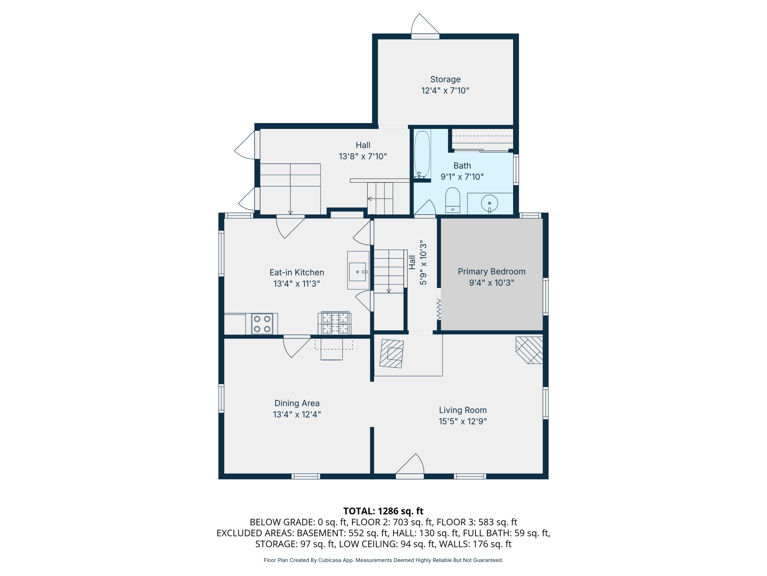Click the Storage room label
(x=445, y=80)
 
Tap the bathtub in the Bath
(x=422, y=154)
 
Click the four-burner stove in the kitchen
(x=262, y=324)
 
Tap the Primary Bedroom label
(x=491, y=272)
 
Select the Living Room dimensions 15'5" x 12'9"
(x=463, y=421)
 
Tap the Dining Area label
(x=297, y=403)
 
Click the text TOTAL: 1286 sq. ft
(x=383, y=511)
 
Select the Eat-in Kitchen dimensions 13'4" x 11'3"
(x=297, y=284)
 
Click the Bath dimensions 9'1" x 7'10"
(x=462, y=177)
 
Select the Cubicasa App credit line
(x=383, y=560)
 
